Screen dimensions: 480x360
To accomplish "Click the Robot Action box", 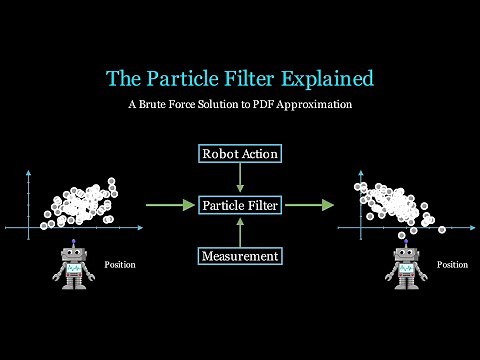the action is coord(240,154).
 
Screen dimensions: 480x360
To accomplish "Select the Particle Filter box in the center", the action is coord(240,205).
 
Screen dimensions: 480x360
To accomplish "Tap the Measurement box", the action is coord(240,257).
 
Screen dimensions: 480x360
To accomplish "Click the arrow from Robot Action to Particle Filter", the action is coord(240,179).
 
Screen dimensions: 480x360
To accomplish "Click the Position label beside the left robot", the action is coord(120,265).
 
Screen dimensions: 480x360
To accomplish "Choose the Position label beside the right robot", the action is coord(452,265).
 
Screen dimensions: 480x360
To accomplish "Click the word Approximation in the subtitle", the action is coord(320,105).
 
